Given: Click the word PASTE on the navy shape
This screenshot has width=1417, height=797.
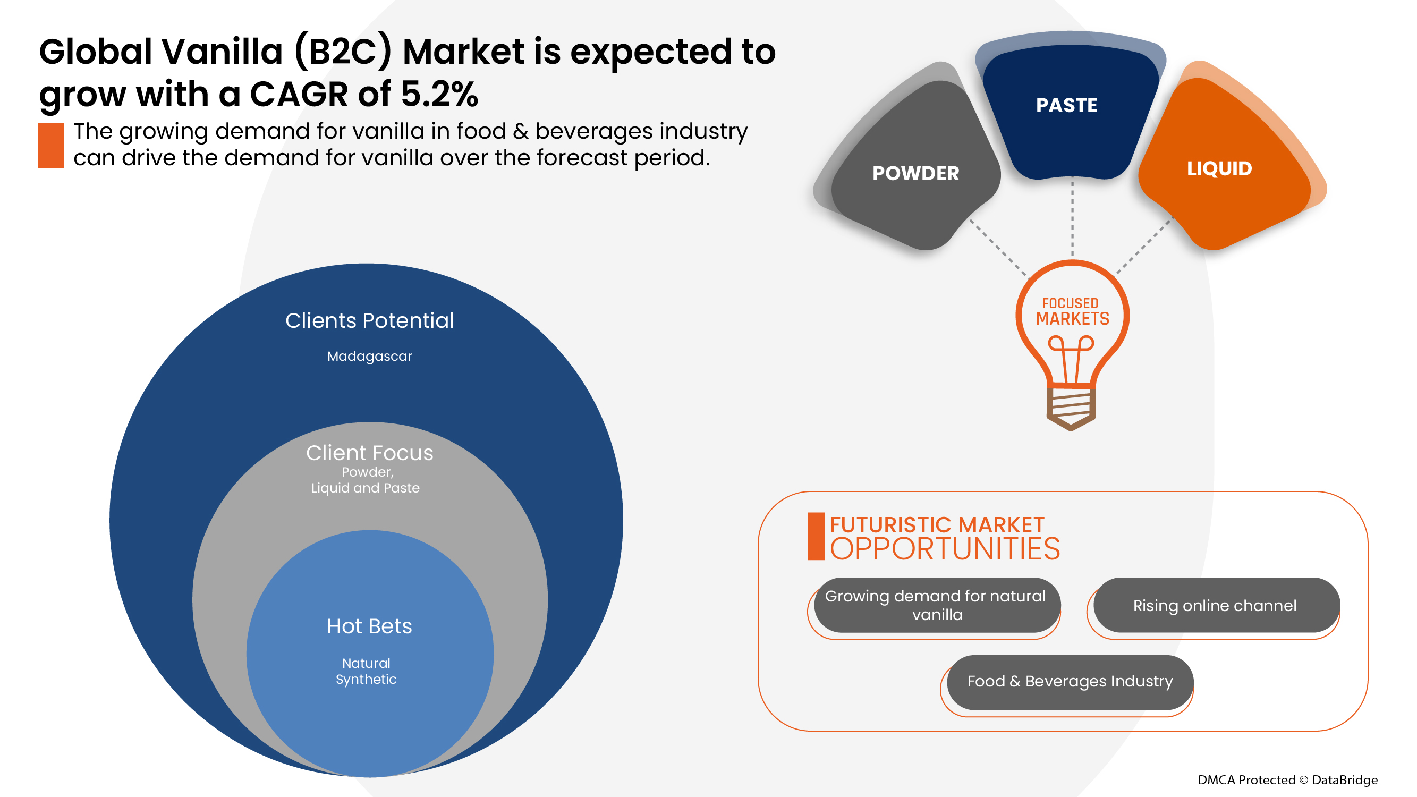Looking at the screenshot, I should click(x=1066, y=105).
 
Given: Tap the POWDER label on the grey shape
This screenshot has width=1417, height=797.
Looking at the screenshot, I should click(x=915, y=173).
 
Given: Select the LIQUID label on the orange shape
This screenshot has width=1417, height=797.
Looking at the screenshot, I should click(x=1219, y=168).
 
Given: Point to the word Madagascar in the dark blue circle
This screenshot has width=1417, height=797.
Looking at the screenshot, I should click(x=370, y=357).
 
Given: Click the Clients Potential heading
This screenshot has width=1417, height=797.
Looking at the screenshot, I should click(x=370, y=321).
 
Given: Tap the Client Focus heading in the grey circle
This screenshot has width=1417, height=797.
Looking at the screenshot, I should click(x=370, y=453).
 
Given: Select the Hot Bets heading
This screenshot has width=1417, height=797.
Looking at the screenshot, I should click(x=370, y=626).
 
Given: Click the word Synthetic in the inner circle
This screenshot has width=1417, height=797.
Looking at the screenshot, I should click(x=366, y=679).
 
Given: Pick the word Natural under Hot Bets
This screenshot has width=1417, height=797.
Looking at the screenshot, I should click(x=366, y=663).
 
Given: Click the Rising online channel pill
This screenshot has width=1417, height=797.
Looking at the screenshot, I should click(x=1215, y=606).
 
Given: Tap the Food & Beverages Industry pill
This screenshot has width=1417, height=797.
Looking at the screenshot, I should click(x=1070, y=682).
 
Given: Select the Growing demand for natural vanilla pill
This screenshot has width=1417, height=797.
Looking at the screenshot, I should click(x=936, y=605).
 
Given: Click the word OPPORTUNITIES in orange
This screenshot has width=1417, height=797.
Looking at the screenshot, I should click(x=945, y=549).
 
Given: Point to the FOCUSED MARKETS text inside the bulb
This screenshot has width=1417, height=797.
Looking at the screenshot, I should click(x=1072, y=312).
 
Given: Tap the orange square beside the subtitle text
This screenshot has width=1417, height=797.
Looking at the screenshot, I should click(x=50, y=145).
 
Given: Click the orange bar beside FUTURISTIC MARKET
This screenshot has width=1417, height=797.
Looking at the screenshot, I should click(x=816, y=536).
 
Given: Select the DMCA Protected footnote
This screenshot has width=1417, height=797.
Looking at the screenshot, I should click(x=1287, y=780).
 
